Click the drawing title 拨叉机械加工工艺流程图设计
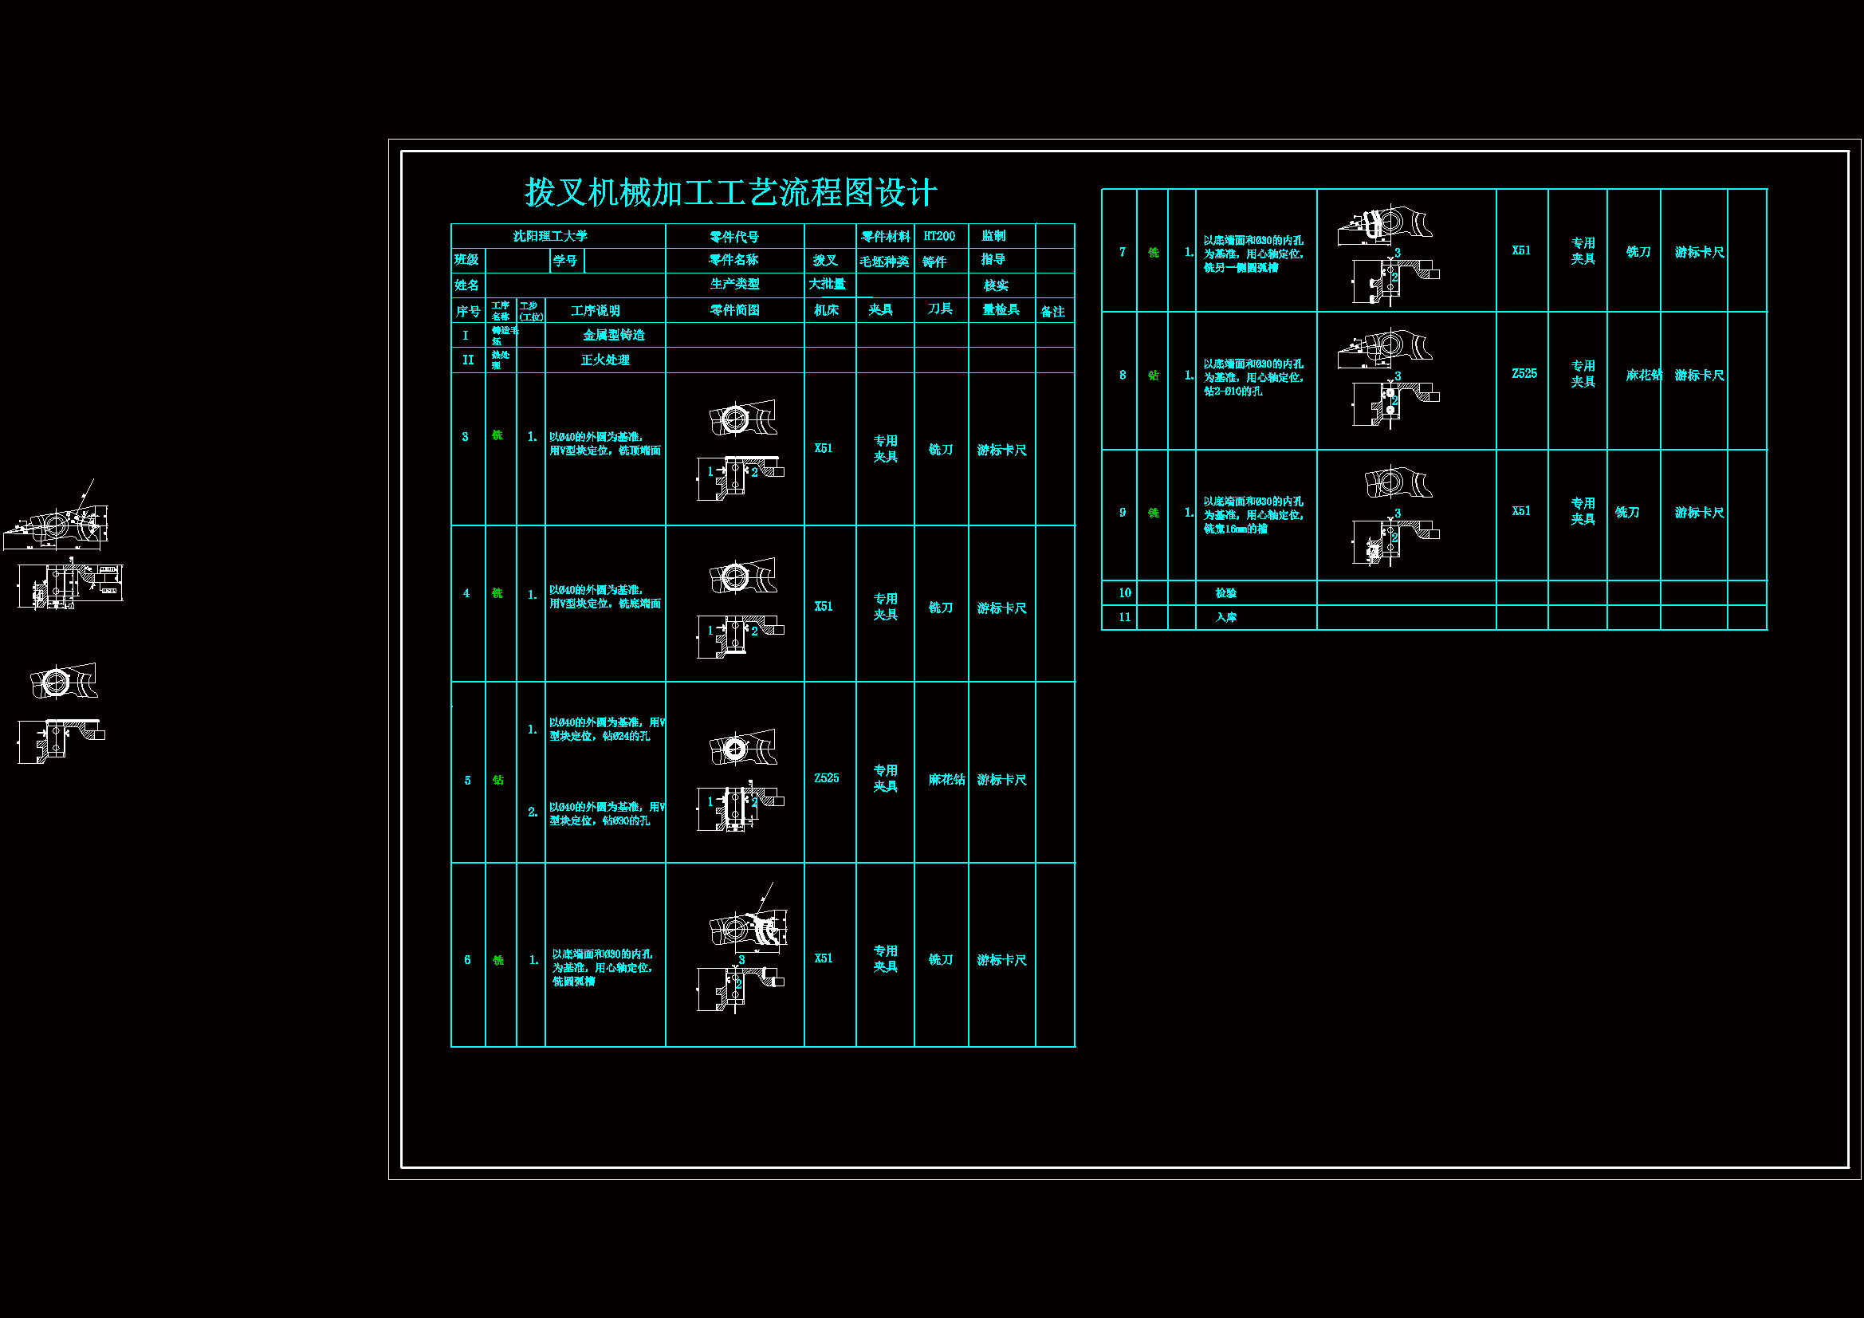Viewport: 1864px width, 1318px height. [x=729, y=193]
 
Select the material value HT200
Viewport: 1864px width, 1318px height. [x=938, y=236]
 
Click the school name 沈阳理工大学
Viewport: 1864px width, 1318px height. [x=549, y=236]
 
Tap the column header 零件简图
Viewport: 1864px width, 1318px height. [x=735, y=310]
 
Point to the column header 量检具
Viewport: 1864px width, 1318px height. [x=1001, y=309]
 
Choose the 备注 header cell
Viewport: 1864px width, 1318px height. [x=1052, y=312]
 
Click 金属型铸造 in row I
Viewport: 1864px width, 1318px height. [x=614, y=336]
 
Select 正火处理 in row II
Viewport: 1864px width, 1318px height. [x=605, y=360]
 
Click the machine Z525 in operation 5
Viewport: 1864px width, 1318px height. [x=827, y=778]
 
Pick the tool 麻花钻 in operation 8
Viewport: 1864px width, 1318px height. [x=1643, y=376]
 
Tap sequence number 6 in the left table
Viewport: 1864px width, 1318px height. [x=467, y=960]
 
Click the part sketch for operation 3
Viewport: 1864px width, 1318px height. [x=740, y=449]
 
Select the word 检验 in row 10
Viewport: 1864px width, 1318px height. [x=1225, y=592]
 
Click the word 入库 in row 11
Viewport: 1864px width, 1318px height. [x=1225, y=617]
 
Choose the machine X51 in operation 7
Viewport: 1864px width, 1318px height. [x=1520, y=250]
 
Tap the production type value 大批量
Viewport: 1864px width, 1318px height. [x=827, y=284]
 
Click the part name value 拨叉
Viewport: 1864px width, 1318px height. [x=825, y=261]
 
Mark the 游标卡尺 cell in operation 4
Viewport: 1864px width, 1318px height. [x=1001, y=608]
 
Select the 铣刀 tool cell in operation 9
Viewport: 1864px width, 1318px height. [x=1627, y=513]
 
